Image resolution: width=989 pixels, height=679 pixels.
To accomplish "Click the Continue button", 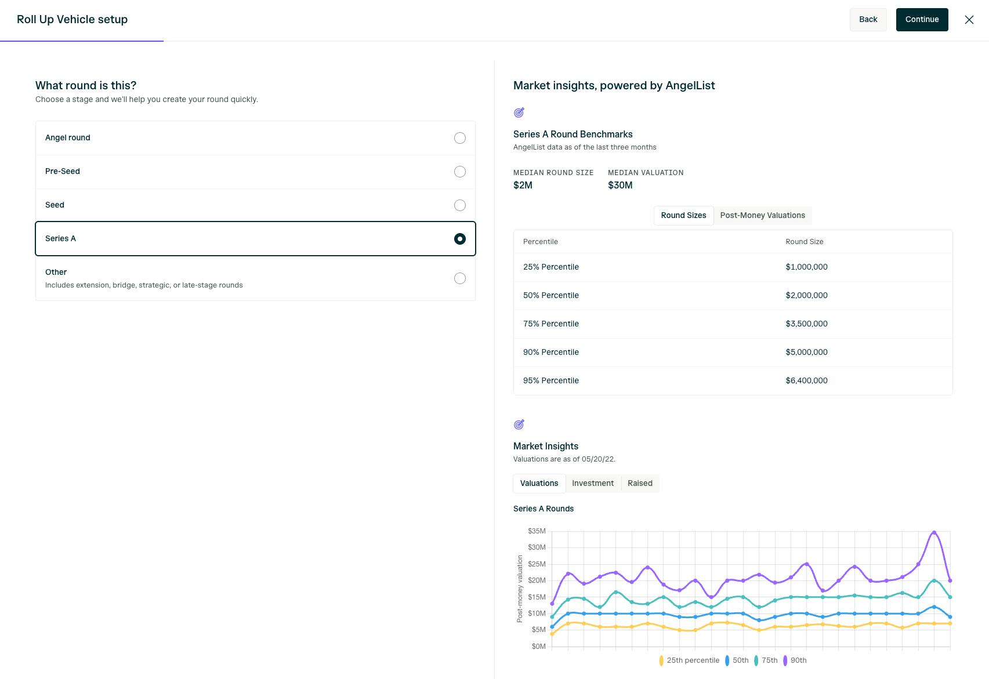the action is click(922, 20).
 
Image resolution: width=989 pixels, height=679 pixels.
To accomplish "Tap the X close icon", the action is click(969, 20).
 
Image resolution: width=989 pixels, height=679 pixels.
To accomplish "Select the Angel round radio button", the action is click(459, 138).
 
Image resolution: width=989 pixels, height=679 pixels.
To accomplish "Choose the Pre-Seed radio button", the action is click(459, 171).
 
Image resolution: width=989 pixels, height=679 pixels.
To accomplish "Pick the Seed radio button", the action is click(459, 205).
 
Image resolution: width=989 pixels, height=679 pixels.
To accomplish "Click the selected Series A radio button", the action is click(459, 239).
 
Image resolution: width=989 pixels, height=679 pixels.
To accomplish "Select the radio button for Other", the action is click(459, 278).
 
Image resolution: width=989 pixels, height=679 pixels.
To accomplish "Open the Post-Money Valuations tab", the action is click(763, 216).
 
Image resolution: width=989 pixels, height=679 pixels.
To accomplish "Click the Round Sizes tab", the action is click(683, 216).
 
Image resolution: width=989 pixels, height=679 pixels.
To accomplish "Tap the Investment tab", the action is click(593, 484).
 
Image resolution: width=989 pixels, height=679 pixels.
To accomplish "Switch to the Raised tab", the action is click(640, 484).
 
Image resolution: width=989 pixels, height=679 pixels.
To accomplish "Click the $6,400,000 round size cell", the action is click(806, 380).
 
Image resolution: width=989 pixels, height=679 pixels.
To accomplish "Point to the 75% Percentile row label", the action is click(550, 324).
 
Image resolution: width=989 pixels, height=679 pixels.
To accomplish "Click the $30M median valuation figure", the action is click(620, 186).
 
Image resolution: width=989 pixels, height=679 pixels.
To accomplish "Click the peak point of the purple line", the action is click(934, 532).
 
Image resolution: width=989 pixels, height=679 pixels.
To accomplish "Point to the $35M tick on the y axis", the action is click(537, 531).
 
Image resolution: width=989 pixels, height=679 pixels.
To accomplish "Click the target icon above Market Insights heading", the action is click(519, 424).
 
